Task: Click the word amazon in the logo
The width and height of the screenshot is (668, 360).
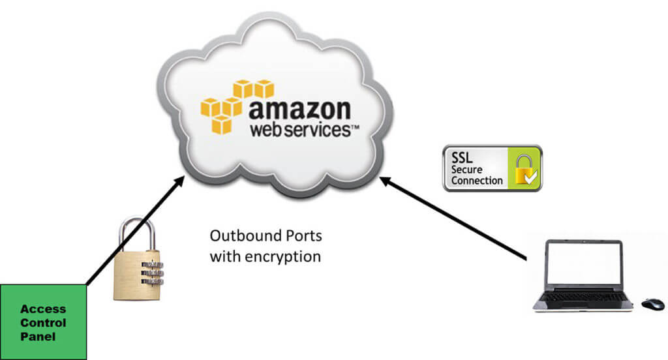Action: point(299,108)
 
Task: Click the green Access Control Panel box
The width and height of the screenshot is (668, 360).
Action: point(43,322)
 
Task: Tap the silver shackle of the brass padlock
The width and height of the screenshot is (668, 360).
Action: point(136,232)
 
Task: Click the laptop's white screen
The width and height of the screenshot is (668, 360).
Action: point(582,264)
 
